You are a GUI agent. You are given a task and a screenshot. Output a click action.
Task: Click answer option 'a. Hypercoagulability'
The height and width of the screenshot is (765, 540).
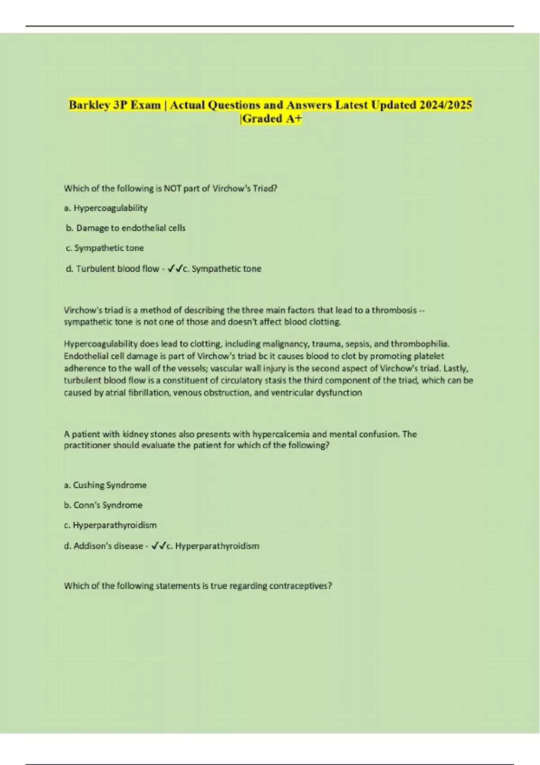pos(106,208)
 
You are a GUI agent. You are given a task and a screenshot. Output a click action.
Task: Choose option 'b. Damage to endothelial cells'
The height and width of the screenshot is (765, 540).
pos(126,228)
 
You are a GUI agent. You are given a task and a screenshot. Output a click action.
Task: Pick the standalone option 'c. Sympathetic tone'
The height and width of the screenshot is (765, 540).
pos(104,248)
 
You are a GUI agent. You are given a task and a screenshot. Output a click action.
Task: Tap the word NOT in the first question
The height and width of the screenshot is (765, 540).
pos(172,189)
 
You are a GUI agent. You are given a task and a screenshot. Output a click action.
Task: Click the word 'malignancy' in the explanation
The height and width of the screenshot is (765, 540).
pos(285,344)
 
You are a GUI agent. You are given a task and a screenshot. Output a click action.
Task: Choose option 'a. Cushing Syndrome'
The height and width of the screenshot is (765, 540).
pos(105,485)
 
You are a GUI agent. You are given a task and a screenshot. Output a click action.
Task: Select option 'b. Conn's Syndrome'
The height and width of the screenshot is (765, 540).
pos(103,505)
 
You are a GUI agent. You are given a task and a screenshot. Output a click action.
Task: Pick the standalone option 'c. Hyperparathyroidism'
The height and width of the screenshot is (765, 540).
pos(110,525)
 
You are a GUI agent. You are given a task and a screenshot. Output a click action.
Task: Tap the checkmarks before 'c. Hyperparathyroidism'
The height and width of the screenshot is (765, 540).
pos(158,546)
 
